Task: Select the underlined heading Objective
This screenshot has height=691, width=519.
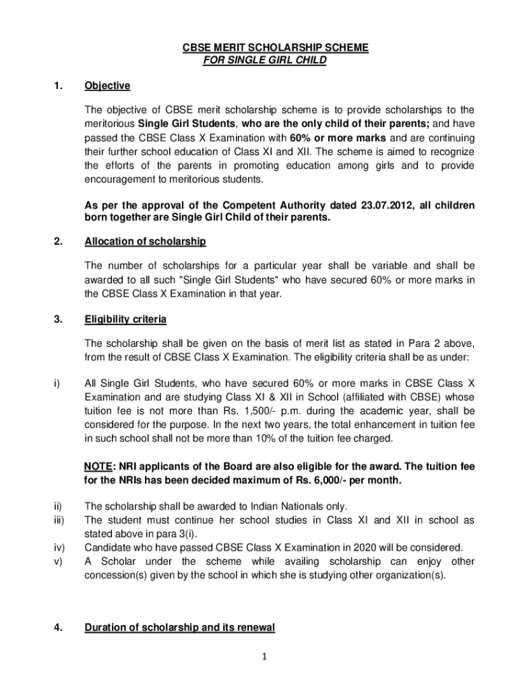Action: coord(107,86)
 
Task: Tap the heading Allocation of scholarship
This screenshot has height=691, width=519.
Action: coord(145,242)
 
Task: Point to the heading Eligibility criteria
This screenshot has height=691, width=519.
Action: coord(125,319)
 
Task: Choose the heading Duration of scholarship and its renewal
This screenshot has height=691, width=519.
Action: coord(179,628)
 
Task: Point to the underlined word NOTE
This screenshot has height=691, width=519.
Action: coord(98,467)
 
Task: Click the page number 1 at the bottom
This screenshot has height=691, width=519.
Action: coord(266,656)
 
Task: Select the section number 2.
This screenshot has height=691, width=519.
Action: coord(59,242)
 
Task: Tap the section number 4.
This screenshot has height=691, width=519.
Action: coord(59,628)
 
